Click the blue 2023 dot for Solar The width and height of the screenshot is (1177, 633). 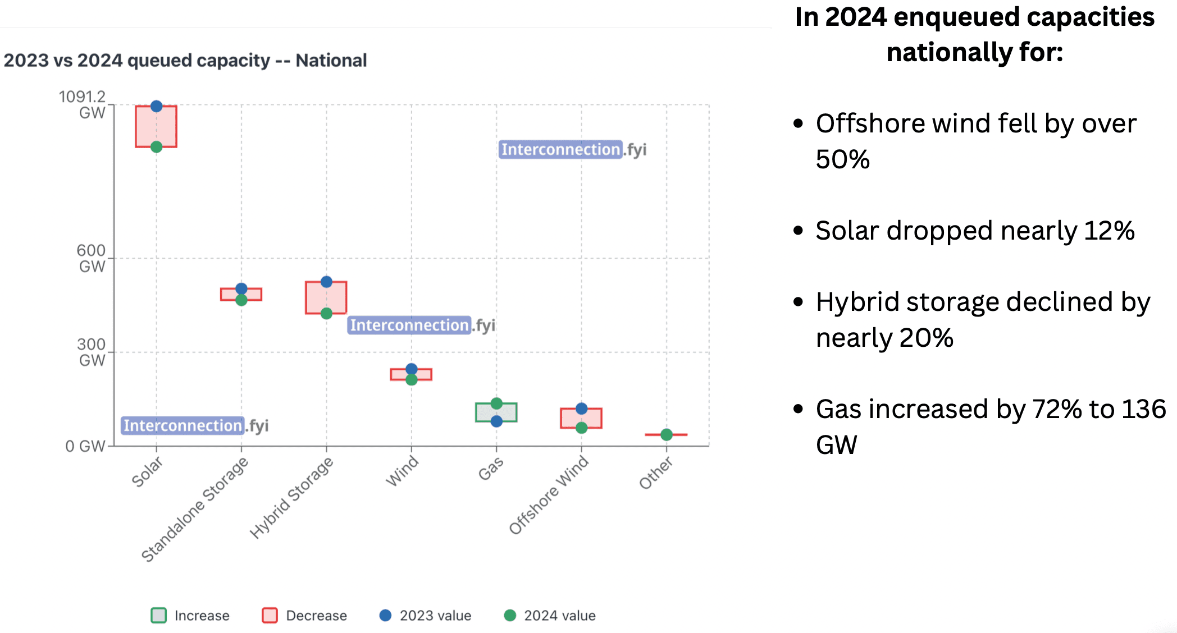click(157, 106)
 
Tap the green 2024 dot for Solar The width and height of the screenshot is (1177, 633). click(157, 147)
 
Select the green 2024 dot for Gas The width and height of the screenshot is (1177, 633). click(496, 403)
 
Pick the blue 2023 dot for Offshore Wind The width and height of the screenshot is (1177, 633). click(582, 409)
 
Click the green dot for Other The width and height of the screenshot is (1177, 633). click(667, 434)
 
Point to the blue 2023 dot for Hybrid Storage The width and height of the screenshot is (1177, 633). click(326, 282)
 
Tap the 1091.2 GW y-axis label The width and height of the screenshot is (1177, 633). click(83, 104)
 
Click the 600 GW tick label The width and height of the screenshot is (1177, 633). click(91, 258)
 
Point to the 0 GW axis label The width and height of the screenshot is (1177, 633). click(85, 446)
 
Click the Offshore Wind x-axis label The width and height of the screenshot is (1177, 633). click(549, 494)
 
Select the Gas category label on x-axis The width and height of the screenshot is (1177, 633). click(491, 468)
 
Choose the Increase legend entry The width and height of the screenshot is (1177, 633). click(191, 616)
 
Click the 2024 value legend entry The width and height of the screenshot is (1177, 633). click(550, 616)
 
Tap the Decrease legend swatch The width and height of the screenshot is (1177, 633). click(270, 616)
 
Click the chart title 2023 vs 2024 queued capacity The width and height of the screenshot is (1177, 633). click(185, 60)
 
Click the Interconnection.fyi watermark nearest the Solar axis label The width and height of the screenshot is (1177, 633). click(195, 425)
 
